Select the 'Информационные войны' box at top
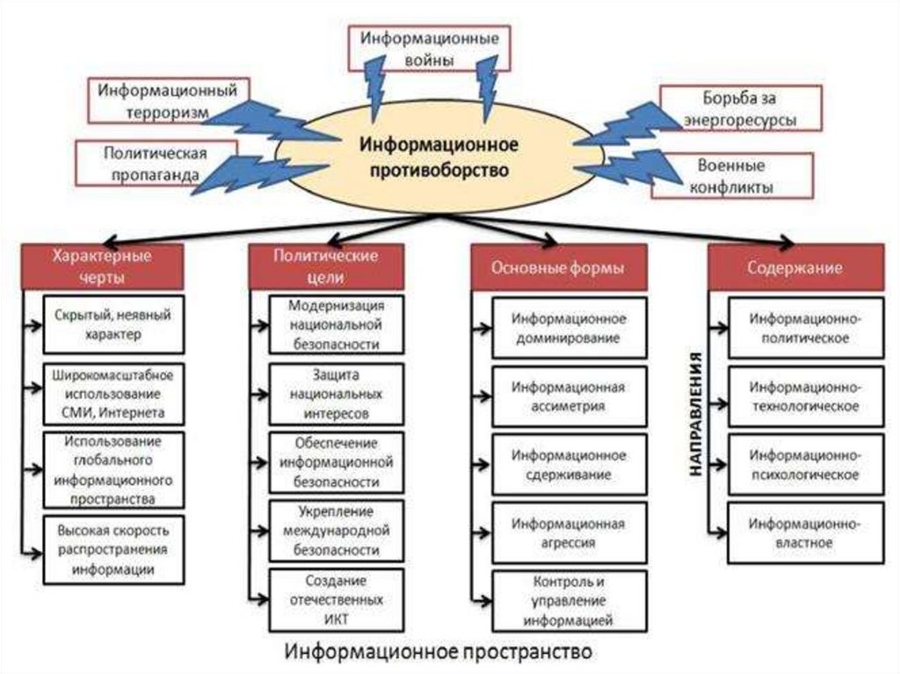point(431,49)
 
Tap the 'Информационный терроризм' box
point(168,101)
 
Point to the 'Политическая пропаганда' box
point(155,163)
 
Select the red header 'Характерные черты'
point(102,266)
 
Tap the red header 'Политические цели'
point(326,266)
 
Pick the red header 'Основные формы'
point(558,268)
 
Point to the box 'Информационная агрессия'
point(569,533)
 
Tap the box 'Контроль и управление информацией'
point(569,601)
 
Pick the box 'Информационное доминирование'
point(569,327)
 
